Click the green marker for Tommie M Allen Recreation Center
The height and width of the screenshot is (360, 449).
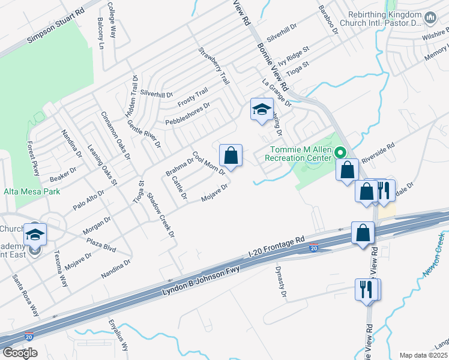pos(341,152)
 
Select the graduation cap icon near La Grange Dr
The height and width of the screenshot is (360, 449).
pos(262,110)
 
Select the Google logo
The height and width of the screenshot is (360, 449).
pos(20,353)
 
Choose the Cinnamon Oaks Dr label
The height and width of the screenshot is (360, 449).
pos(115,136)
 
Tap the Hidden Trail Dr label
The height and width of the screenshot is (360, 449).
pos(131,97)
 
